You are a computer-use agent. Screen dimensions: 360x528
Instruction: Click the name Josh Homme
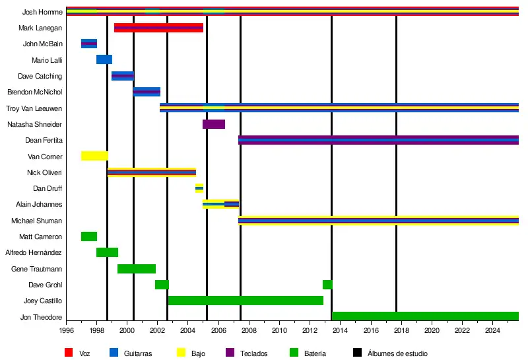pyautogui.click(x=42, y=12)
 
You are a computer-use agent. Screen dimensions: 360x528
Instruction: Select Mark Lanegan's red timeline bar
pyautogui.click(x=158, y=28)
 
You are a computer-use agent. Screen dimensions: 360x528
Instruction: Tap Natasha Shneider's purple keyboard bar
pyautogui.click(x=214, y=124)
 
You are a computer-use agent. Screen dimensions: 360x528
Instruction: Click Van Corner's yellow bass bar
pyautogui.click(x=94, y=156)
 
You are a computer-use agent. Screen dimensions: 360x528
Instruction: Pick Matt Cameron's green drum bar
pyautogui.click(x=89, y=236)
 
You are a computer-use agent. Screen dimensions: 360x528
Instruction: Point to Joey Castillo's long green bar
pyautogui.click(x=246, y=301)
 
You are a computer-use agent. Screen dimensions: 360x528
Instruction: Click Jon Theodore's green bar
pyautogui.click(x=425, y=316)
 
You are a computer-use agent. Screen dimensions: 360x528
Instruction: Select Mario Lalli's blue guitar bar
pyautogui.click(x=104, y=59)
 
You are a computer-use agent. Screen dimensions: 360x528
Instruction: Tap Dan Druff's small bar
pyautogui.click(x=199, y=188)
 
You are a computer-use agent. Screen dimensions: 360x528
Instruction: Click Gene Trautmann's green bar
pyautogui.click(x=137, y=269)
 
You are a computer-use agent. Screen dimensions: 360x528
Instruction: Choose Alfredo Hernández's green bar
pyautogui.click(x=107, y=252)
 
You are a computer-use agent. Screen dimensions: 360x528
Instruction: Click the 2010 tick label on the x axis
pyautogui.click(x=280, y=330)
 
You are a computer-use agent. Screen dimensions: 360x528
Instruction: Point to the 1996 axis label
pyautogui.click(x=67, y=330)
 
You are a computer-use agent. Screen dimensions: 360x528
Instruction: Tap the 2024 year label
pyautogui.click(x=492, y=330)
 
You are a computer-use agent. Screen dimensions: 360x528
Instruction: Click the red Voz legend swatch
pyautogui.click(x=69, y=353)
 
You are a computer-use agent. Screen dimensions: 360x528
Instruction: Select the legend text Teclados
pyautogui.click(x=254, y=353)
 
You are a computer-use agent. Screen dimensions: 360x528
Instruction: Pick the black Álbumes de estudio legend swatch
pyautogui.click(x=357, y=353)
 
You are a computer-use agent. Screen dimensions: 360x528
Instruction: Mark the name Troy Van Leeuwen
pyautogui.click(x=34, y=108)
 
